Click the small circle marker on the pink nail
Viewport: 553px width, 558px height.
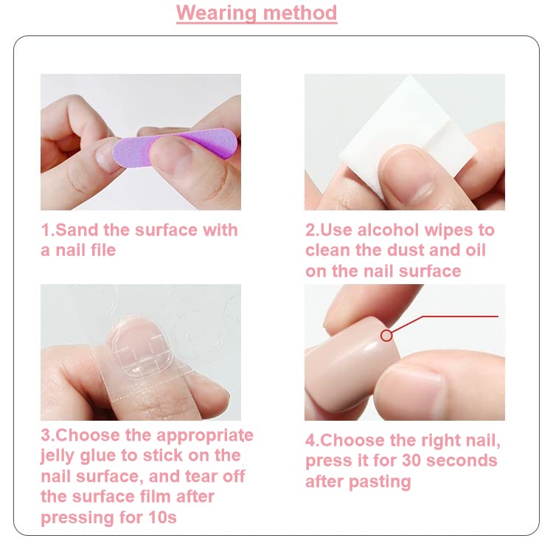386,336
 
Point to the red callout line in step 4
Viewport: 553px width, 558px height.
457,316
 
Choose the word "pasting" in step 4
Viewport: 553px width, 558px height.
380,482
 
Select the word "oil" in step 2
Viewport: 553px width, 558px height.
473,250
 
